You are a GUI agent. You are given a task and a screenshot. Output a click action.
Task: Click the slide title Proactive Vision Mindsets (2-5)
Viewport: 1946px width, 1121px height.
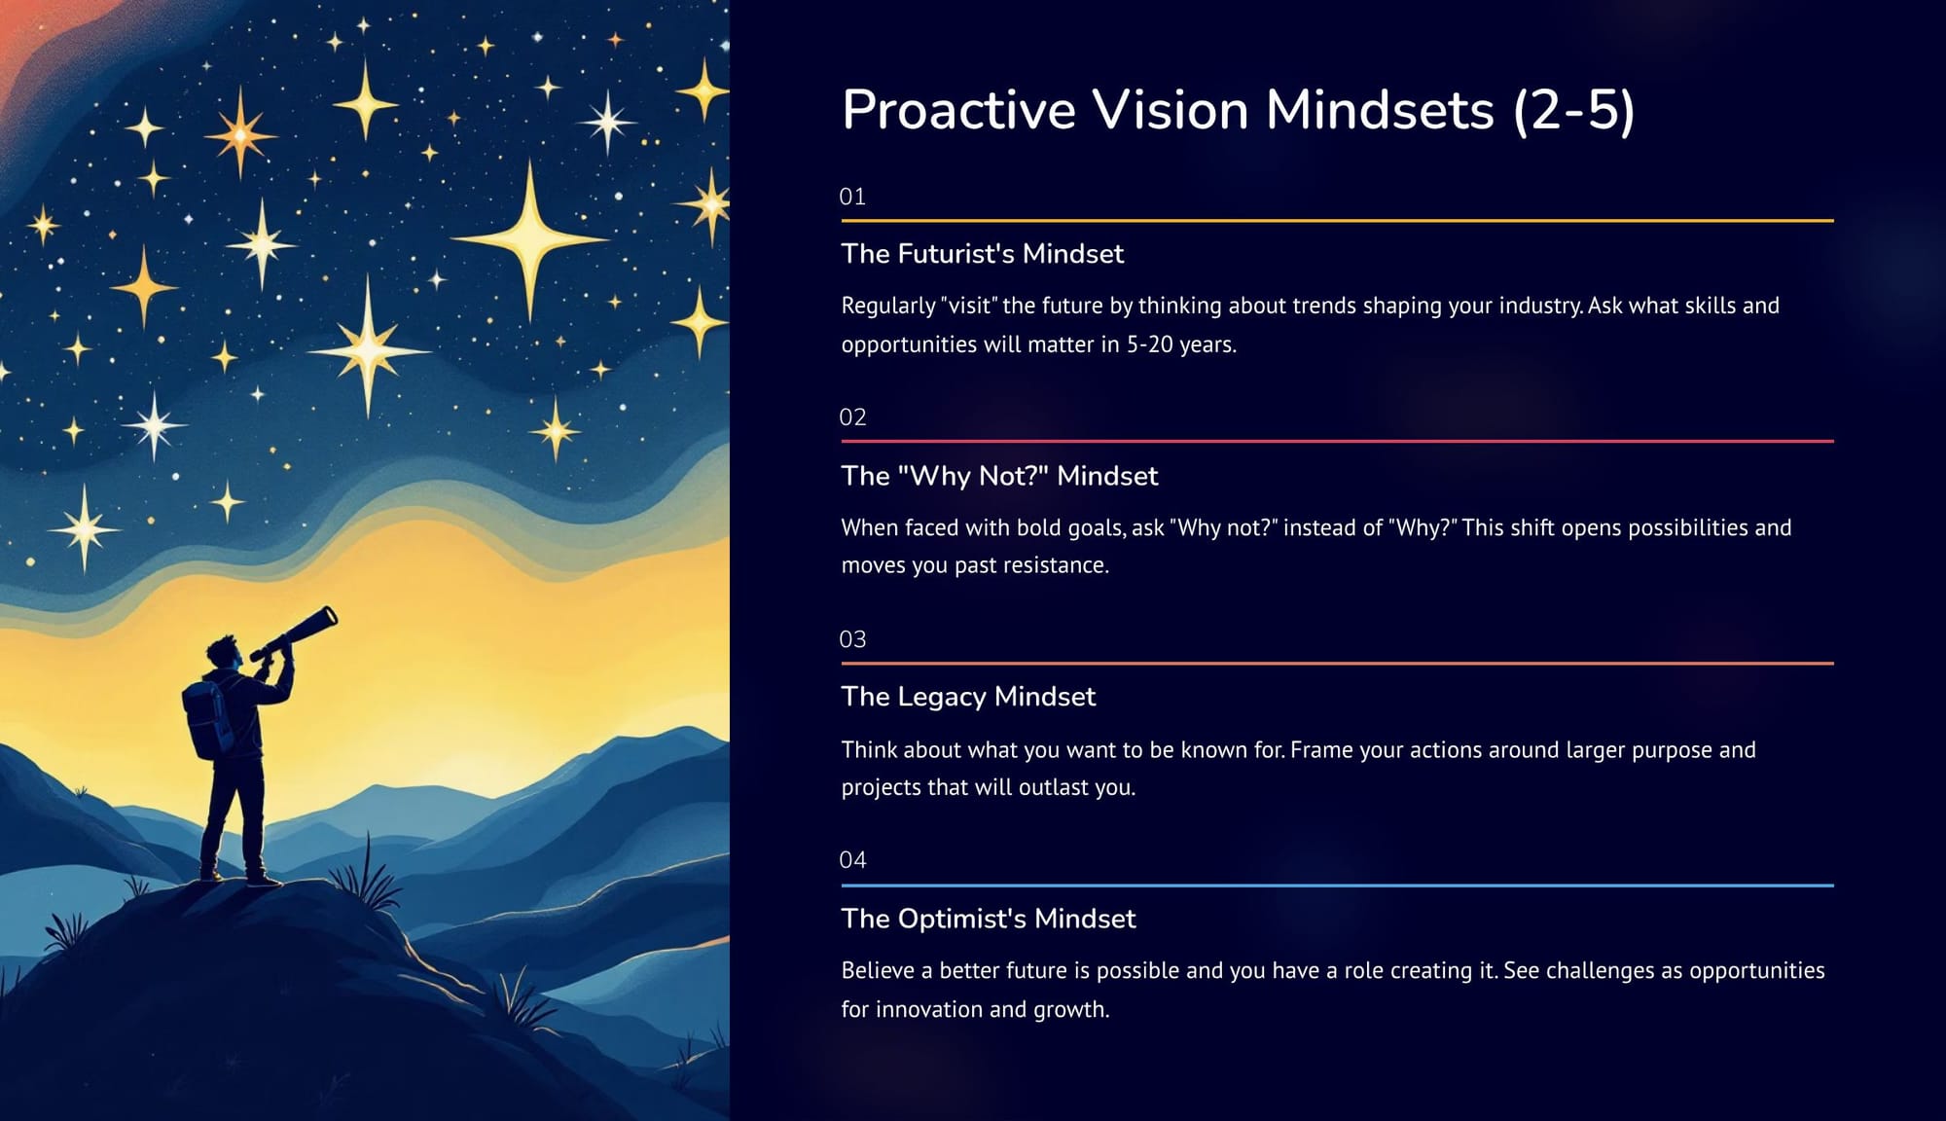click(x=1238, y=109)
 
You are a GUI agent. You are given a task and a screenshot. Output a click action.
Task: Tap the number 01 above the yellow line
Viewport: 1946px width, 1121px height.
click(x=852, y=197)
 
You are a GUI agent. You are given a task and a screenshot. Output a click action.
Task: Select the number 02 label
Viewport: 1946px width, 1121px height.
click(x=852, y=417)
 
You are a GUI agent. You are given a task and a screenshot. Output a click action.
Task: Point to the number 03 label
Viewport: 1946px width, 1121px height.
click(x=852, y=639)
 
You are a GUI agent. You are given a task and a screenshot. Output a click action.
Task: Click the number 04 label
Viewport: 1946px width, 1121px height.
click(x=852, y=860)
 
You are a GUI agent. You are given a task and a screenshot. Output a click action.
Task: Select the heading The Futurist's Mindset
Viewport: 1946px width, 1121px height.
click(x=983, y=254)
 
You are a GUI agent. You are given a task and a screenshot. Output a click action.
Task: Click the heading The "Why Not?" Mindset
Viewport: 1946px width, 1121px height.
click(x=1000, y=476)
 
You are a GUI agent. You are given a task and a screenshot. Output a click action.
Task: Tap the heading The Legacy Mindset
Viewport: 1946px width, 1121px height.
click(x=968, y=697)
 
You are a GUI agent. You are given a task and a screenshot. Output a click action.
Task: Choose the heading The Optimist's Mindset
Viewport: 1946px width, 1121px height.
click(x=989, y=919)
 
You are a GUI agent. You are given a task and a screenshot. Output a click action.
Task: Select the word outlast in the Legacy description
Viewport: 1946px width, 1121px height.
click(x=1054, y=787)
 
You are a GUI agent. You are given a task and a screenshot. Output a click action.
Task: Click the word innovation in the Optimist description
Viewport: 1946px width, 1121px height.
click(x=929, y=1009)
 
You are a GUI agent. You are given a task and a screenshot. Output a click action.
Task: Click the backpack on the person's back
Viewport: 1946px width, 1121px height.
click(x=207, y=718)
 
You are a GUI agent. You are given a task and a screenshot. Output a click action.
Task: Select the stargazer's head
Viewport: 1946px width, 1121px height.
click(x=223, y=653)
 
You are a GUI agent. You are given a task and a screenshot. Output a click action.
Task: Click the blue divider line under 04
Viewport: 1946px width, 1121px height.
click(x=1338, y=886)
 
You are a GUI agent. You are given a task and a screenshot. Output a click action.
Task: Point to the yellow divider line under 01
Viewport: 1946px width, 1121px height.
click(x=1338, y=221)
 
